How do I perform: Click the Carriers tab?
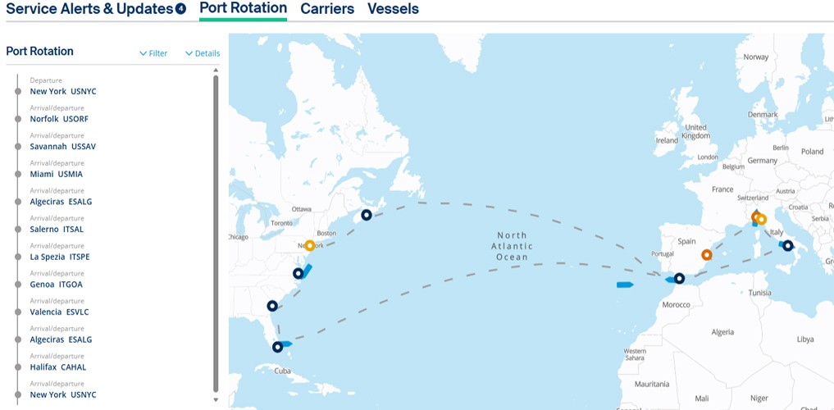(326, 9)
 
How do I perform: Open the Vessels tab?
(393, 9)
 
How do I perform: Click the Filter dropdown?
(153, 53)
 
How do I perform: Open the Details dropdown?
(203, 53)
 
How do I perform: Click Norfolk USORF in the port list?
(59, 119)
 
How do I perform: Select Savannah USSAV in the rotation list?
(62, 147)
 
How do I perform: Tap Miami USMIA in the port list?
(56, 174)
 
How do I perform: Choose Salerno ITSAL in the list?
(57, 230)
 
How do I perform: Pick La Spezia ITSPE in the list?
(59, 257)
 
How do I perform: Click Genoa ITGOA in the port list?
(56, 285)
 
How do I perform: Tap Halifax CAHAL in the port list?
(57, 367)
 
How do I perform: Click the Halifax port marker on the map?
(367, 215)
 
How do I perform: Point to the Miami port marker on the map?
(277, 347)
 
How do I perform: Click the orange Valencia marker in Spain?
(706, 255)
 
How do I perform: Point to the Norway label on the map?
(755, 57)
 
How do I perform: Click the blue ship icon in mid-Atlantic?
(625, 285)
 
